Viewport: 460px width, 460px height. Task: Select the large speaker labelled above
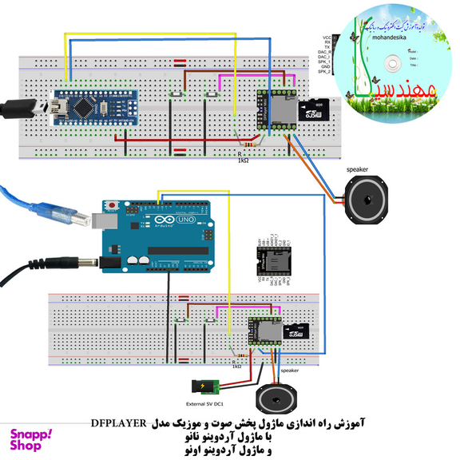click(x=367, y=200)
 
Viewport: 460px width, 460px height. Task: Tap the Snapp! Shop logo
click(x=30, y=440)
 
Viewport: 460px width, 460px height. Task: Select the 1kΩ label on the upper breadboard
click(x=243, y=160)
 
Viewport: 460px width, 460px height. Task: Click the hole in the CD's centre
click(x=391, y=62)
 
